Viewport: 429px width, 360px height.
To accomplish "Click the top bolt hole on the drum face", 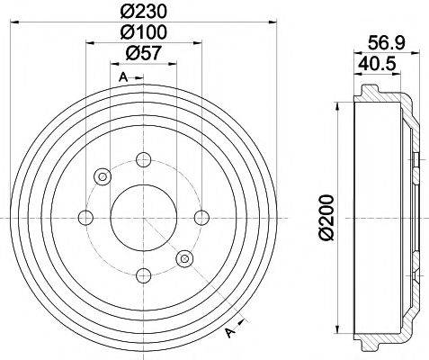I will click(x=142, y=160).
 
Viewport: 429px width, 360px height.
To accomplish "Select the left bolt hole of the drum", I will click(x=85, y=216).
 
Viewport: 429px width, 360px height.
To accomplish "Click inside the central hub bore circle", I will click(x=142, y=216).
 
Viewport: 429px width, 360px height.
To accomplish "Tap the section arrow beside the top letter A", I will click(x=137, y=79).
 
